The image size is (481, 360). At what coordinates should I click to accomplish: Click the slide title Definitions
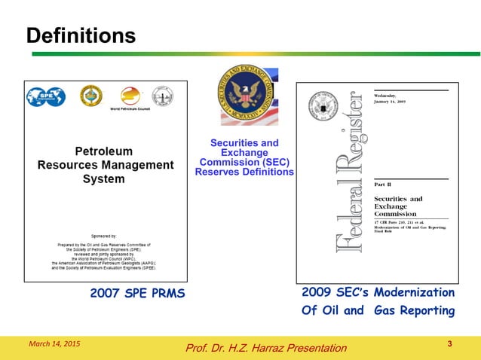(81, 35)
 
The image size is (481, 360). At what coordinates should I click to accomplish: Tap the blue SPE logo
(46, 96)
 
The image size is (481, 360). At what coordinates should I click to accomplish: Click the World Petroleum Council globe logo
(130, 96)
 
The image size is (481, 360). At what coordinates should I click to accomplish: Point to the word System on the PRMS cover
(104, 180)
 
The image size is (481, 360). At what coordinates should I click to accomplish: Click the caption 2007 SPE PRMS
(138, 293)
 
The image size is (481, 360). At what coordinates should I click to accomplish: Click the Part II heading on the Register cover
(384, 184)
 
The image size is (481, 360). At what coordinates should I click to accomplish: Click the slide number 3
(449, 344)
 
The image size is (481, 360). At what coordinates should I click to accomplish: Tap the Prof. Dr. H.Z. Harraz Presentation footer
(266, 347)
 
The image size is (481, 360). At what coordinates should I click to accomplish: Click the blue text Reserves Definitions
(244, 172)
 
